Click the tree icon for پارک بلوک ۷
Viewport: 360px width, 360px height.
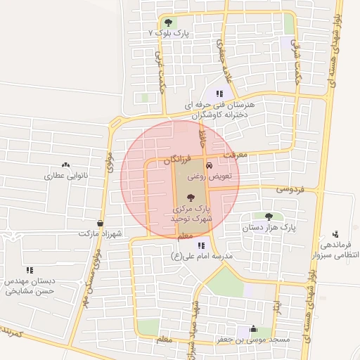pyautogui.click(x=167, y=22)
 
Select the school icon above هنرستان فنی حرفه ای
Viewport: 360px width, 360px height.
pyautogui.click(x=219, y=93)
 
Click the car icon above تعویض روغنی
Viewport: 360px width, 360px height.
pyautogui.click(x=208, y=165)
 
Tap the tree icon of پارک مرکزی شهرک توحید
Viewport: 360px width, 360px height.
pyautogui.click(x=192, y=198)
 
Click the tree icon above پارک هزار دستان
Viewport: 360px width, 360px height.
pyautogui.click(x=269, y=216)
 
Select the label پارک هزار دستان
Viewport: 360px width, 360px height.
pyautogui.click(x=269, y=228)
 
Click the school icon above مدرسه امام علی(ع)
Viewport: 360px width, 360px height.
pyautogui.click(x=202, y=245)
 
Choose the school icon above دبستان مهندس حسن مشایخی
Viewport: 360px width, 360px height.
pyautogui.click(x=30, y=269)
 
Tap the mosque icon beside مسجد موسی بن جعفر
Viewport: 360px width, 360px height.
pyautogui.click(x=253, y=329)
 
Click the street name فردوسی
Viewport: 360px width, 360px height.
pyautogui.click(x=289, y=189)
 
